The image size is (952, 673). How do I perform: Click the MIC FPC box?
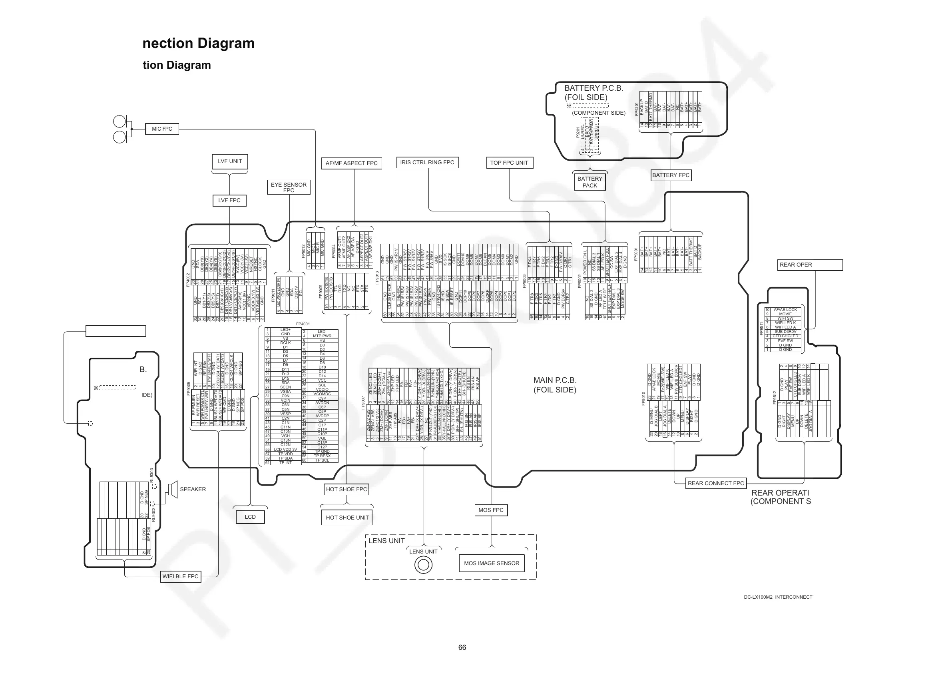[162, 129]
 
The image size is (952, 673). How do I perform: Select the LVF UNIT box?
[230, 161]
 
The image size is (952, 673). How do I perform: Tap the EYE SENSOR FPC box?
[289, 187]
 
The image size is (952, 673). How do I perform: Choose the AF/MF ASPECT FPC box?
[351, 163]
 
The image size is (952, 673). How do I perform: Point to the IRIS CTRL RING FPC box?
[427, 163]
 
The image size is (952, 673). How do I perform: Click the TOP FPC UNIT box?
[509, 163]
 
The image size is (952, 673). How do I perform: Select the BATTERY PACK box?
[590, 182]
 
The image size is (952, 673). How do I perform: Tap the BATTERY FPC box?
[671, 175]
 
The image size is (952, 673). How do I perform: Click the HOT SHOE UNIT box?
[347, 518]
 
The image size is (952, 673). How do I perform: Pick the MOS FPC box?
[491, 510]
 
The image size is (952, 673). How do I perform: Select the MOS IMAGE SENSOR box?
[491, 563]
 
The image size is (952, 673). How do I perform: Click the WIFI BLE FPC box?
[180, 576]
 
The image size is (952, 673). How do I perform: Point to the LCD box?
[250, 517]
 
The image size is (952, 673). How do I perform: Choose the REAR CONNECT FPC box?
[716, 483]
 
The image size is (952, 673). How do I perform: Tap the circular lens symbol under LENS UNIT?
[423, 565]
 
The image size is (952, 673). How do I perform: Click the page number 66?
[462, 647]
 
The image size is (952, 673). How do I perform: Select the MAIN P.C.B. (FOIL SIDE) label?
[555, 385]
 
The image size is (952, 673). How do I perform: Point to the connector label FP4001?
[303, 324]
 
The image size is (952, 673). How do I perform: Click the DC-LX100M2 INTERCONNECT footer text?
[778, 597]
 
